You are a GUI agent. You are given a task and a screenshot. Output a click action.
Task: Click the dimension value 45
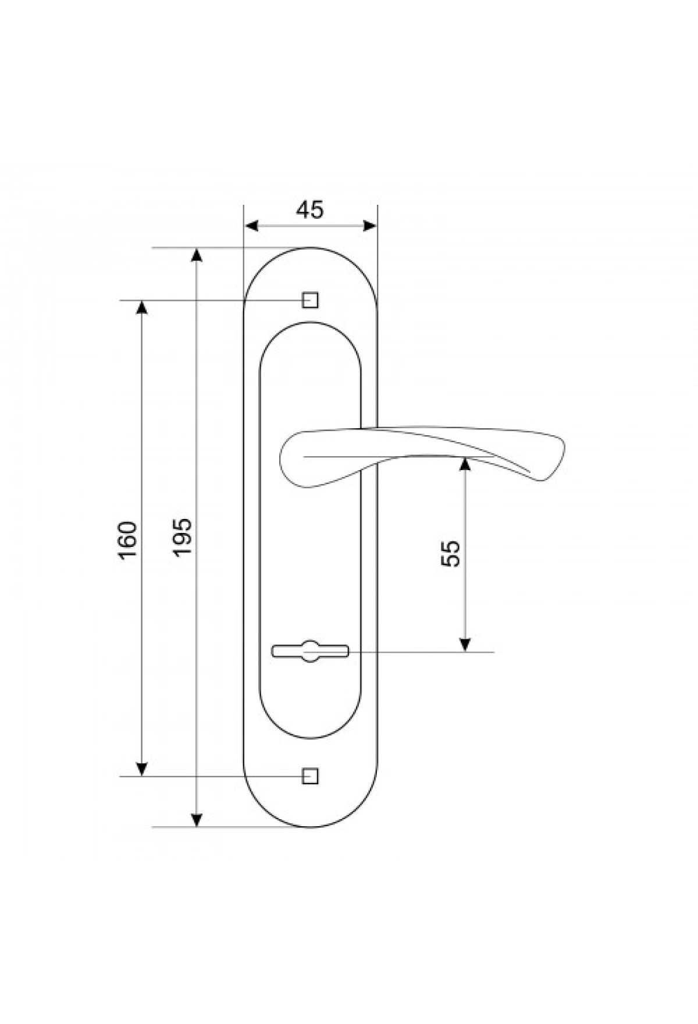click(x=309, y=209)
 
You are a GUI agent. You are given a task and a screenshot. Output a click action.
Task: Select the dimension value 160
click(x=127, y=539)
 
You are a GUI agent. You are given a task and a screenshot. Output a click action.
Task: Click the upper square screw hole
click(x=310, y=300)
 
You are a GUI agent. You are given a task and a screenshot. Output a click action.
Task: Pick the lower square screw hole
click(x=310, y=776)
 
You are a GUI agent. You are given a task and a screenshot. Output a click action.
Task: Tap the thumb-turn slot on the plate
click(x=309, y=651)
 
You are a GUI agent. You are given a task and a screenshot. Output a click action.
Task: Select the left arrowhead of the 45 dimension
click(x=252, y=226)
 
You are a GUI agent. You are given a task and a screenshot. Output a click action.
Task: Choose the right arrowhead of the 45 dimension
click(x=369, y=226)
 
